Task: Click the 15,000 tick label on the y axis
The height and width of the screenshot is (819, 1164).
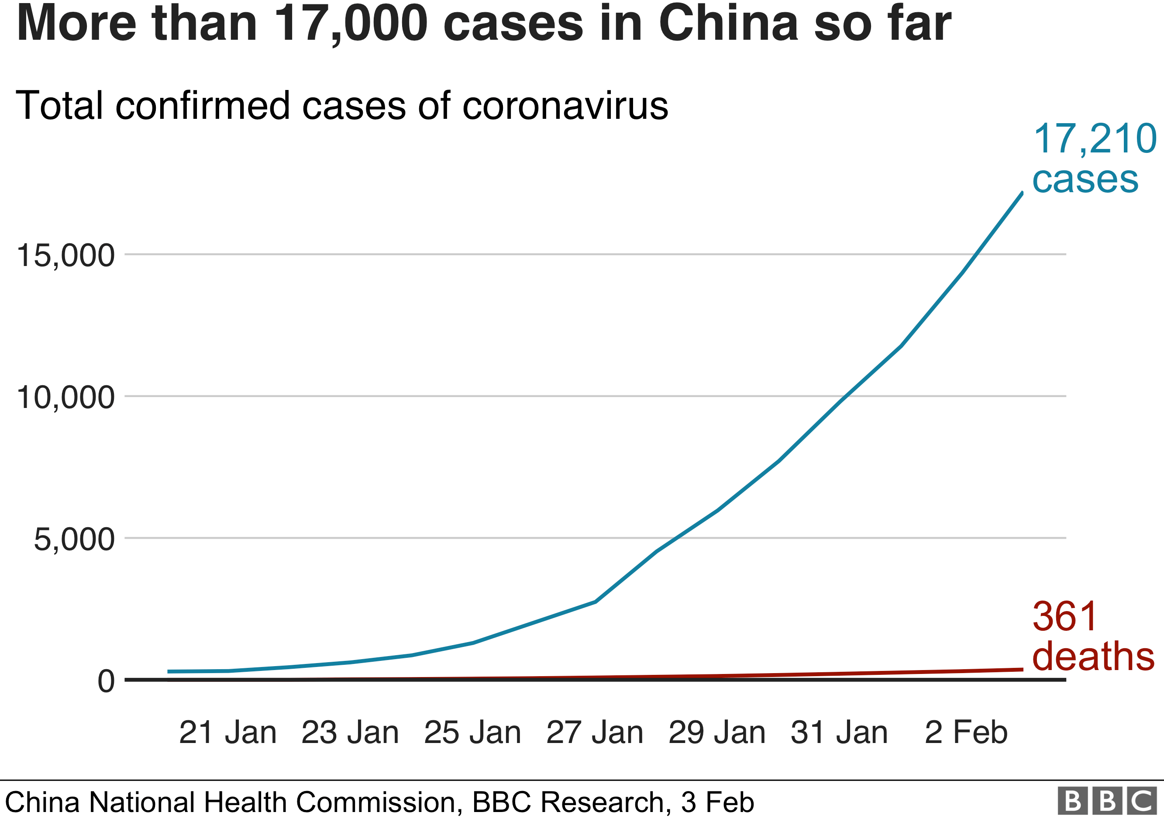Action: point(66,256)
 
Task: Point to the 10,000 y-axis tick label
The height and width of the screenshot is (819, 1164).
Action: point(66,397)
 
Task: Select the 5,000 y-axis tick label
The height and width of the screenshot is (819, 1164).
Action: point(74,539)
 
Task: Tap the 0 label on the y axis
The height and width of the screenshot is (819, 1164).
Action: point(106,681)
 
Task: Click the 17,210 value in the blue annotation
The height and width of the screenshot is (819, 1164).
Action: point(1095,139)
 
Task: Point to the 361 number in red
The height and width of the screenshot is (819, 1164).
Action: point(1064,617)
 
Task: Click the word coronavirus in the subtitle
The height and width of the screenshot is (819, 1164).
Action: point(565,106)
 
